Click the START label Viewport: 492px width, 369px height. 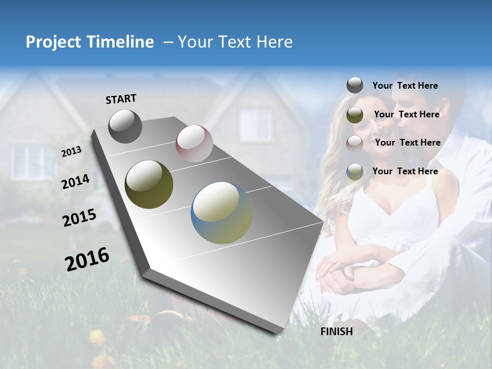click(121, 99)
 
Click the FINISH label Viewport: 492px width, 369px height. click(336, 332)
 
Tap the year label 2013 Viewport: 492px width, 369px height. click(71, 152)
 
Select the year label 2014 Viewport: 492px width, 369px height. click(75, 182)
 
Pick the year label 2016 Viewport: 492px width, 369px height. click(87, 259)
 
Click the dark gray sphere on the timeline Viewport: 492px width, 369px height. click(125, 126)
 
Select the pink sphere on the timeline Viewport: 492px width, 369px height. click(194, 143)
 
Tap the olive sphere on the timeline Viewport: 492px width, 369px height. click(149, 184)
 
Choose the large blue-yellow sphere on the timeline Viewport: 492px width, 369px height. click(221, 213)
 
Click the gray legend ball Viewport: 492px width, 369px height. click(355, 86)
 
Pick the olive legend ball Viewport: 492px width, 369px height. click(355, 115)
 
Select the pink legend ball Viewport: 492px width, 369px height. click(355, 143)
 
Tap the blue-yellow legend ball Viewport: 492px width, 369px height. click(355, 172)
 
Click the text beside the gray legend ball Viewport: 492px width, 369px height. click(405, 86)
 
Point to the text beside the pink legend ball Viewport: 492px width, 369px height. click(407, 143)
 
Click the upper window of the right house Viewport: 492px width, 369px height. click(255, 125)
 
